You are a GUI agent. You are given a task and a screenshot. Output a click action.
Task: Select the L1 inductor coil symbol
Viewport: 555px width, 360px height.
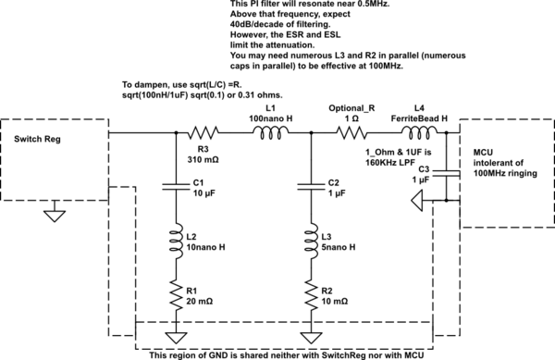(x=270, y=133)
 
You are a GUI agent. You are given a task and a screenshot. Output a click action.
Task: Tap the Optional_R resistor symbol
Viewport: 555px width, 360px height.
(x=352, y=133)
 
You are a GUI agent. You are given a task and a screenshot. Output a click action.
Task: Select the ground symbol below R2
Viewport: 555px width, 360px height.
(x=310, y=333)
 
